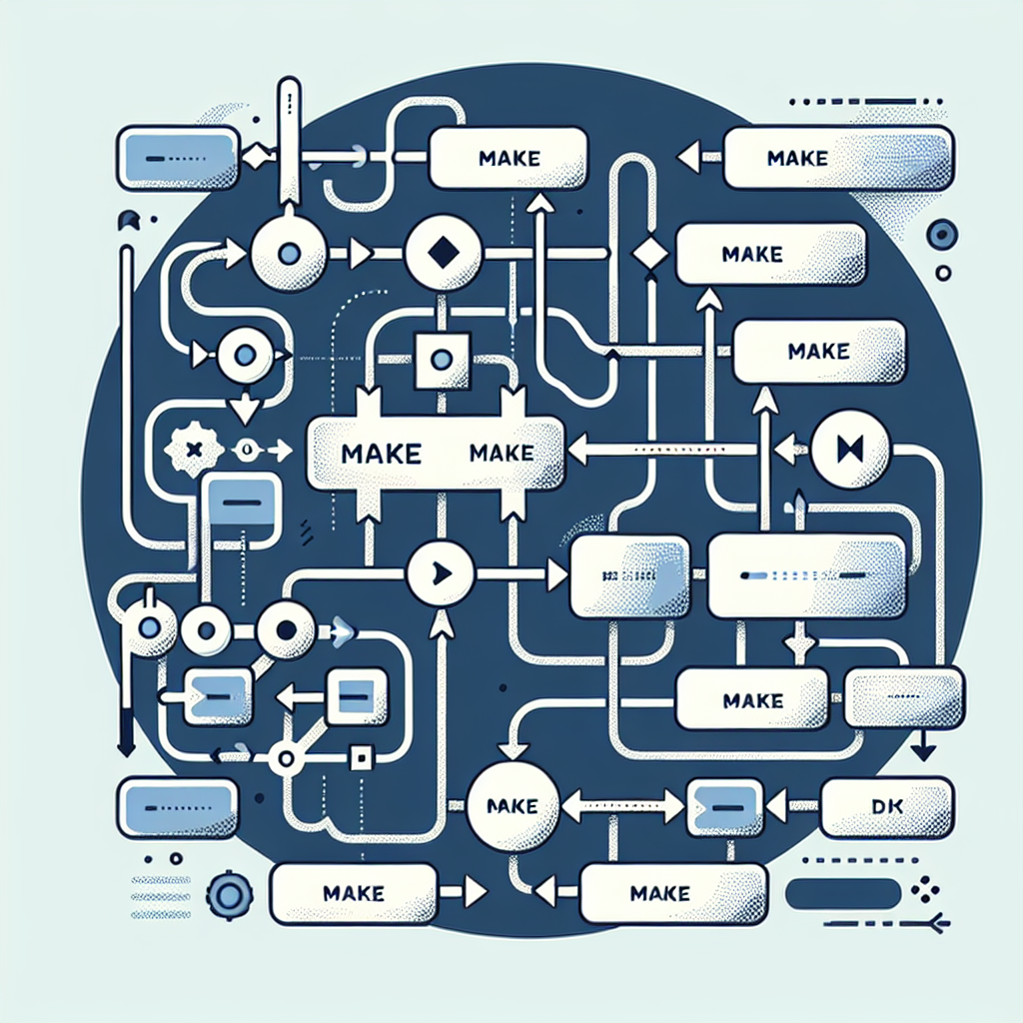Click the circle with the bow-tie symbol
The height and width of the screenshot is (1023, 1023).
(x=850, y=451)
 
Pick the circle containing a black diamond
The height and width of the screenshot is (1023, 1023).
(x=442, y=254)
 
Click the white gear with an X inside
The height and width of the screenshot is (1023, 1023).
(x=194, y=451)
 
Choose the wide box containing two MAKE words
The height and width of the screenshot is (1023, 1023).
(x=437, y=454)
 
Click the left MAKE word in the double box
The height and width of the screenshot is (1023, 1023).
(x=380, y=455)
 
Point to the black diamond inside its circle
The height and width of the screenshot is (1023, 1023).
(x=442, y=254)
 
